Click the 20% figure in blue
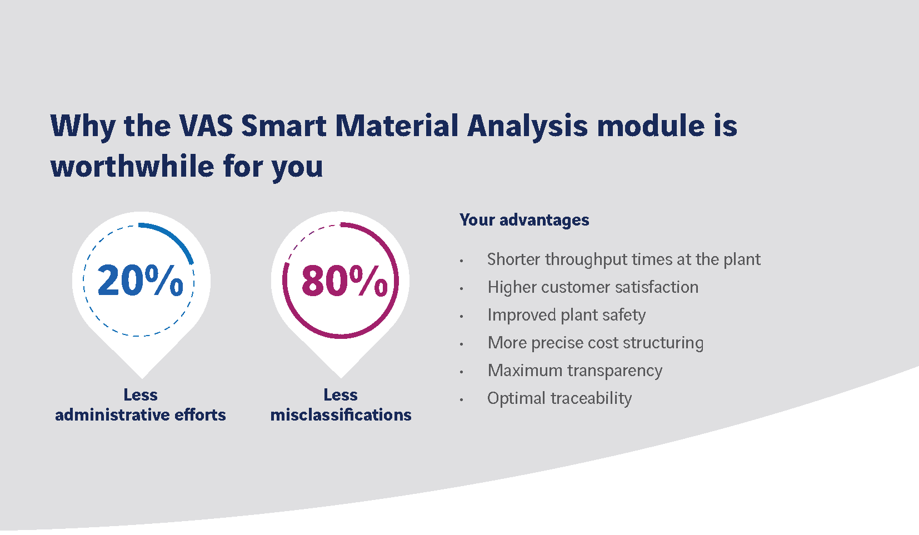(x=141, y=280)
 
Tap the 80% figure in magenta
(x=344, y=280)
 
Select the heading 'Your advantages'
(x=525, y=221)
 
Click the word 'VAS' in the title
(x=206, y=126)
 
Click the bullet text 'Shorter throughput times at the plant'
(x=623, y=259)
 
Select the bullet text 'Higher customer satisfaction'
(x=593, y=287)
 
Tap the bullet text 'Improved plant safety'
(x=566, y=315)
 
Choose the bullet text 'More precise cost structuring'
(x=595, y=343)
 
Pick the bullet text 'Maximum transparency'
(x=575, y=371)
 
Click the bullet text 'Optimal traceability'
(x=560, y=398)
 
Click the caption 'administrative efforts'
(x=141, y=415)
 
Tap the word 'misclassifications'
(x=341, y=415)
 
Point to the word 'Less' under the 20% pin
(x=141, y=394)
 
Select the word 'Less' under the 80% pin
(x=341, y=394)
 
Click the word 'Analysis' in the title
(x=528, y=126)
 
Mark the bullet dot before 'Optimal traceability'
(x=462, y=399)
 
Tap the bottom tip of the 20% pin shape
(x=142, y=378)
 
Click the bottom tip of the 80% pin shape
(x=341, y=378)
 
